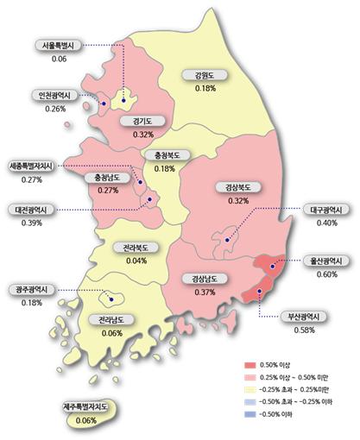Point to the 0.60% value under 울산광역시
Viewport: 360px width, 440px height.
pyautogui.click(x=327, y=274)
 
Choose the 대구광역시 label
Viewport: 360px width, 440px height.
pyautogui.click(x=327, y=210)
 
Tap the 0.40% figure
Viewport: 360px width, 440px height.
pyautogui.click(x=327, y=223)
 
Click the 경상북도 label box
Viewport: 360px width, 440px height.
pyautogui.click(x=235, y=188)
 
